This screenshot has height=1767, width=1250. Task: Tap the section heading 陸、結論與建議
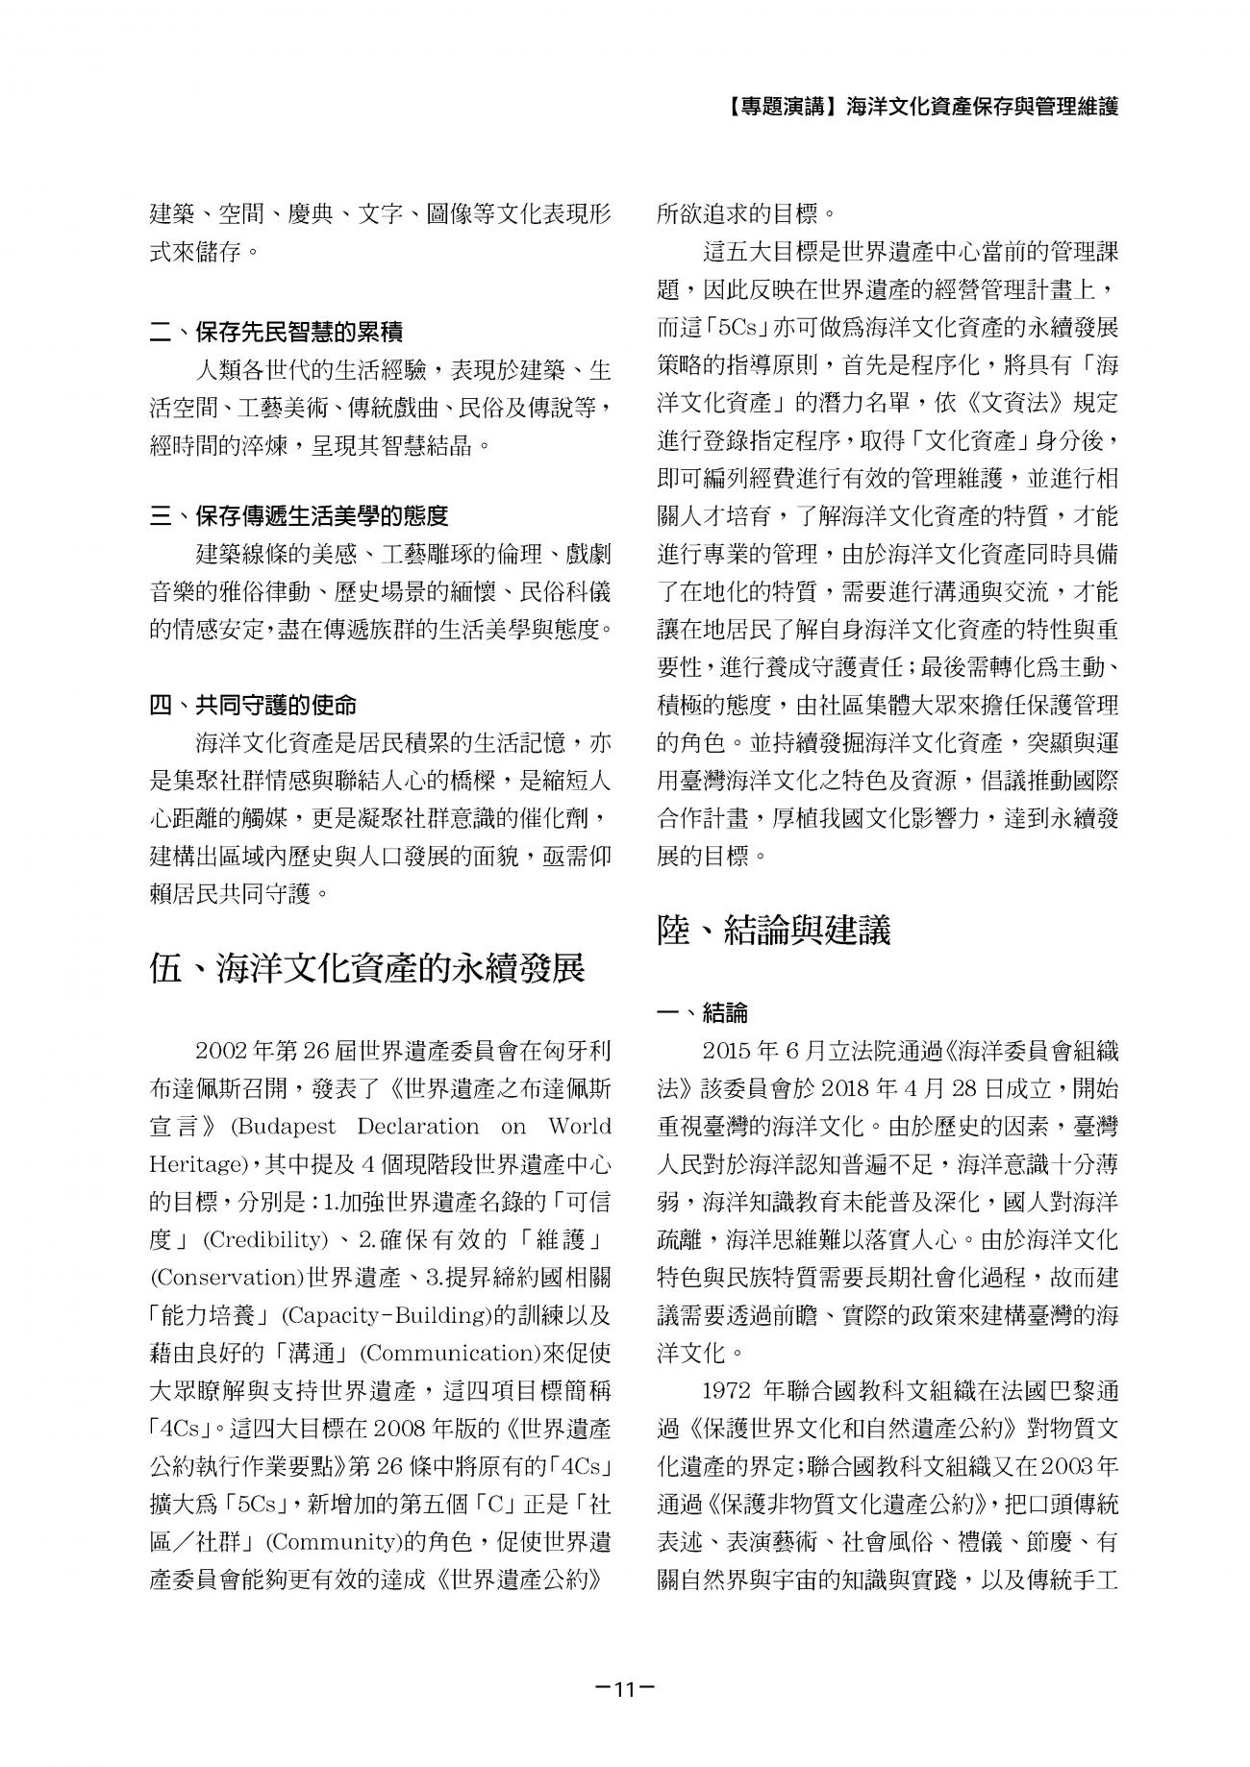[x=774, y=930]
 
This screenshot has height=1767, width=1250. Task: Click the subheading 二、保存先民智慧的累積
[x=277, y=333]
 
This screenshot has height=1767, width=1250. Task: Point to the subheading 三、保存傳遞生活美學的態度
[x=299, y=517]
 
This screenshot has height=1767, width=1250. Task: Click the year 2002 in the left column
[x=220, y=1051]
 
